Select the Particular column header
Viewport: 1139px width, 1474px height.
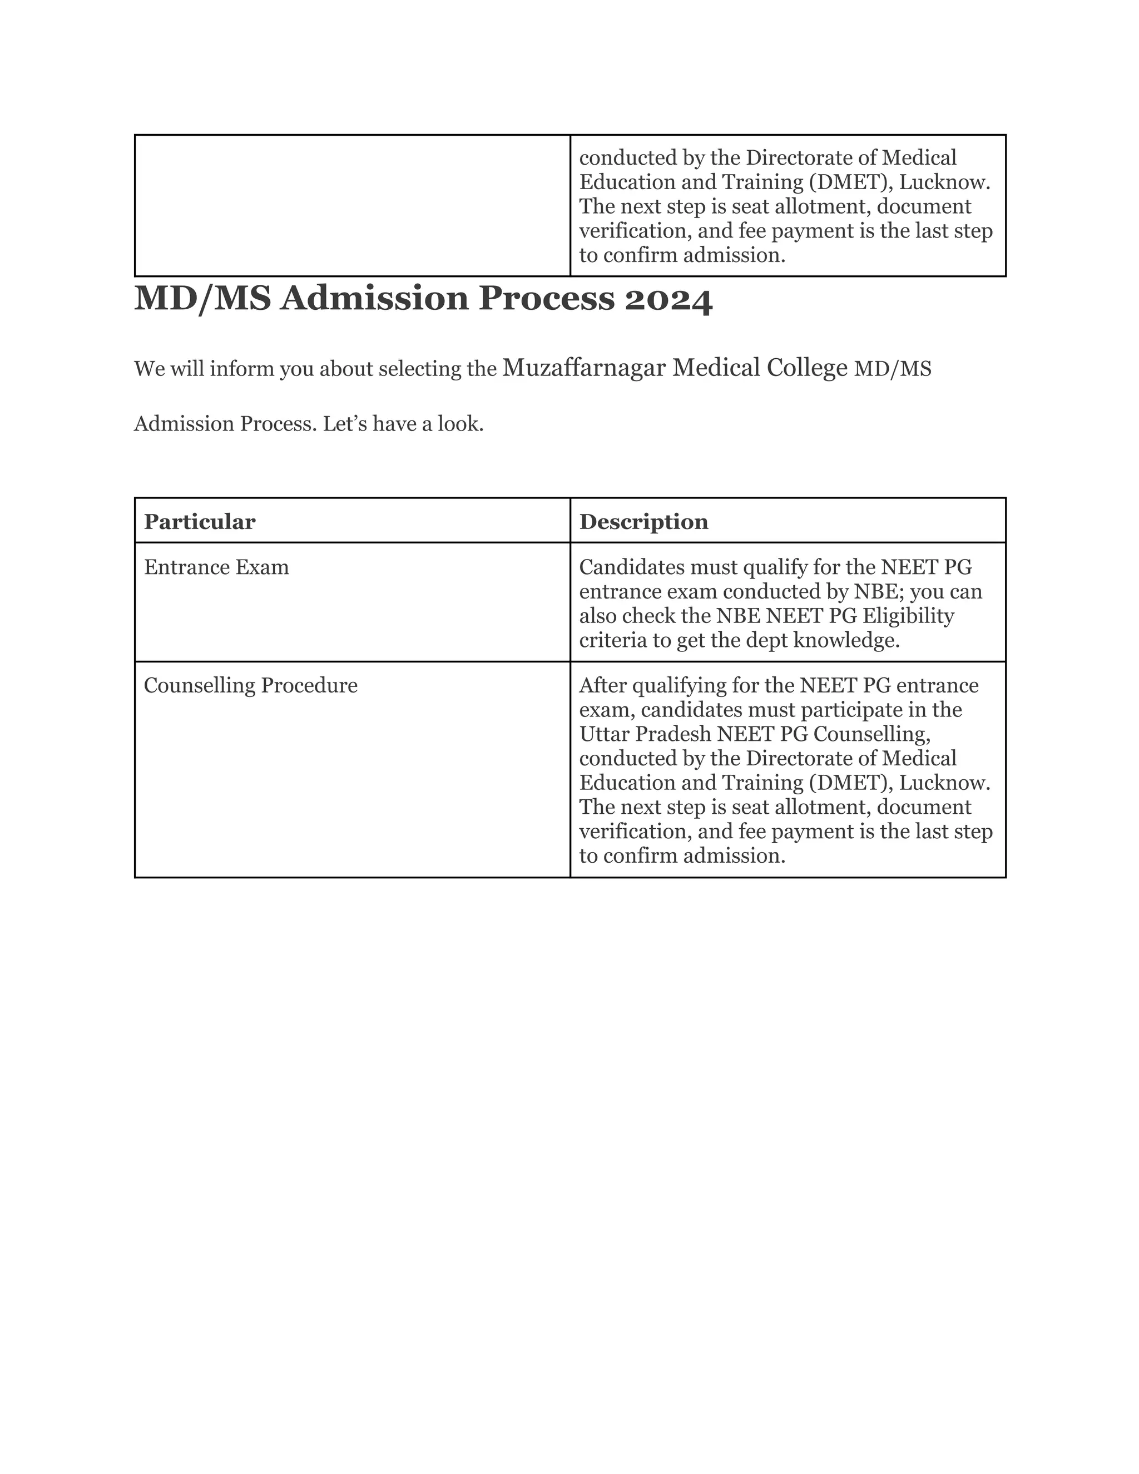point(200,522)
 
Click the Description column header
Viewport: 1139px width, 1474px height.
point(643,522)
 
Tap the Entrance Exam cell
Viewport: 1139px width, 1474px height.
point(216,567)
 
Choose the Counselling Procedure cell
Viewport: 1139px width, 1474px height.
point(250,686)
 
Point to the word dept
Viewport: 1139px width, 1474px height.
point(765,640)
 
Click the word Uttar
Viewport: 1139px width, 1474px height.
point(600,734)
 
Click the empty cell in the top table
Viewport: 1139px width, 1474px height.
point(351,205)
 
